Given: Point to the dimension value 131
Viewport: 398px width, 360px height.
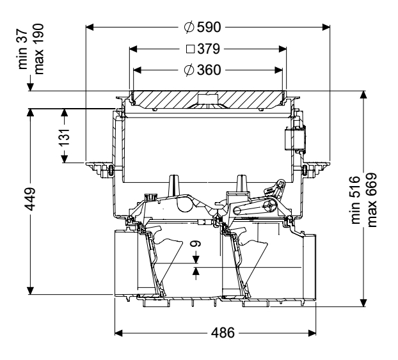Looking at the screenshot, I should pos(65,135).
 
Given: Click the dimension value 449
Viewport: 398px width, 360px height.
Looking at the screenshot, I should pos(30,201).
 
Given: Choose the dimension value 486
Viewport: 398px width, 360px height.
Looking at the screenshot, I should pos(223,333).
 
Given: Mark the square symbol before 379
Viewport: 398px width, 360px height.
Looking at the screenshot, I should pos(190,49).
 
